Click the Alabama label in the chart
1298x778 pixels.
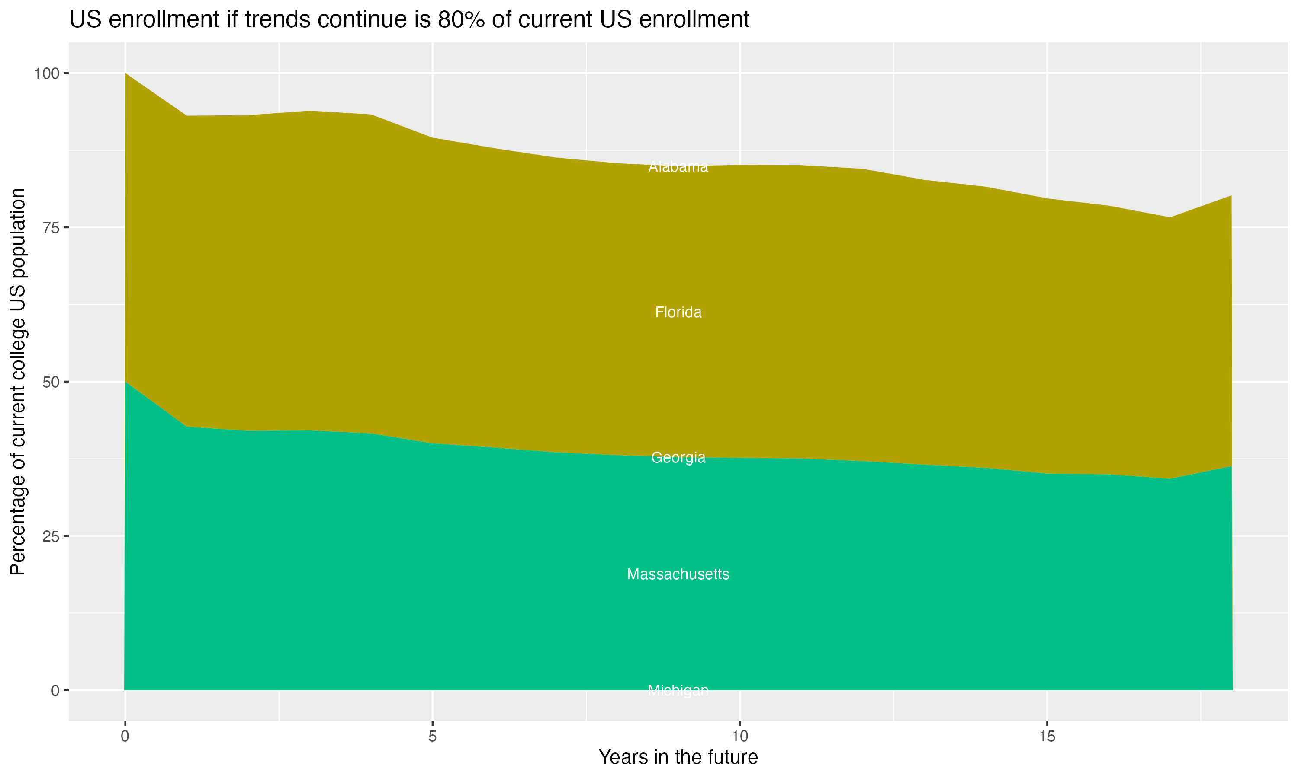point(678,167)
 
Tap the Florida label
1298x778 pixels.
point(678,312)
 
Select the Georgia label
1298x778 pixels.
point(678,458)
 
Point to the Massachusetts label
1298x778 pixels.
point(678,574)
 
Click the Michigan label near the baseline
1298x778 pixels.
point(678,690)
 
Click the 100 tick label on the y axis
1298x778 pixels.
point(46,73)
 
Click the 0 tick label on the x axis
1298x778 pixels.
point(125,737)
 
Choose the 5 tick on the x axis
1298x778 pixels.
point(432,737)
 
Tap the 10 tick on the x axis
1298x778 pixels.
point(740,737)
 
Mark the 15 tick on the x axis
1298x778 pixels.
point(1047,737)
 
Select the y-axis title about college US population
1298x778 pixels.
point(18,381)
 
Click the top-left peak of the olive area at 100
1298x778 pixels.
point(125,74)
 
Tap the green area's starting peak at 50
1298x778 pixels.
point(125,382)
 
